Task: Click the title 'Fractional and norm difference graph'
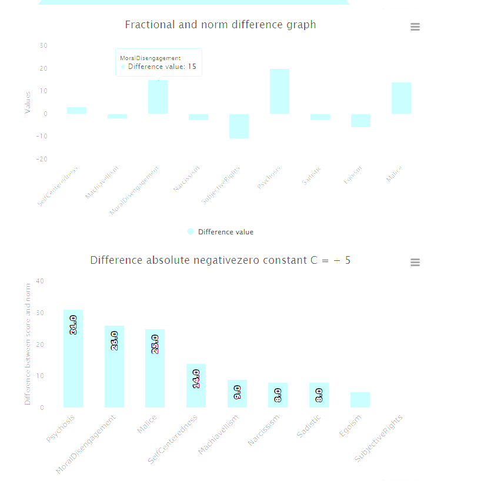click(221, 25)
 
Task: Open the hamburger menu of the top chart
click(415, 27)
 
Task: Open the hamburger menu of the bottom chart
click(415, 263)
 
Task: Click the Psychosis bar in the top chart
click(279, 91)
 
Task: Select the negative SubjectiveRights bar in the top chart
click(239, 126)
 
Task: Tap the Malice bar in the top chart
click(401, 98)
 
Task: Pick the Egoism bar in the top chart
click(361, 121)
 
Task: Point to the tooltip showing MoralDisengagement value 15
click(159, 62)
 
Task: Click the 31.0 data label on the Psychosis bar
click(73, 325)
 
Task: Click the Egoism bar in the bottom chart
click(360, 400)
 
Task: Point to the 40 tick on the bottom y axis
click(41, 281)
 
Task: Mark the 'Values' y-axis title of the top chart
click(28, 102)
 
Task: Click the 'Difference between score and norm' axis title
click(28, 344)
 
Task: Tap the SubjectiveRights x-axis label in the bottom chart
click(379, 438)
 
